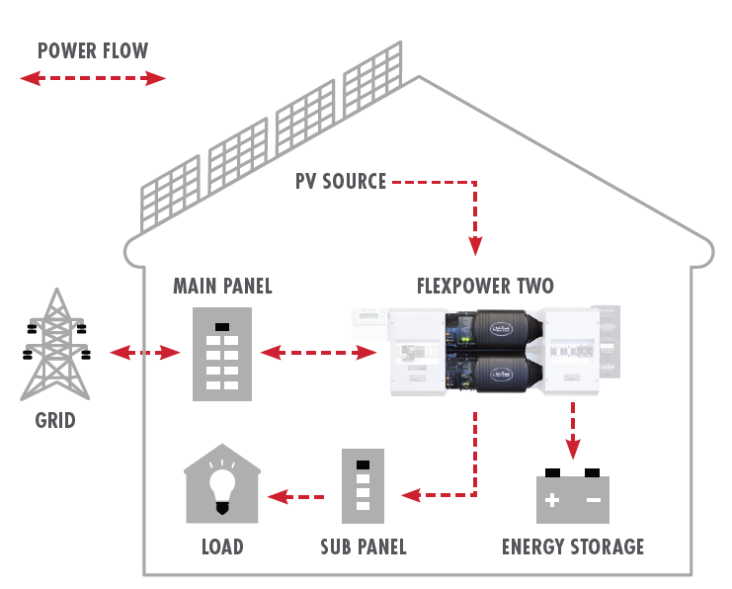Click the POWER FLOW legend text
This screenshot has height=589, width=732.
pyautogui.click(x=92, y=51)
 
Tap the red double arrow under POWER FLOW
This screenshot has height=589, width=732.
pyautogui.click(x=92, y=79)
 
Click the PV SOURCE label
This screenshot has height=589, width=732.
pyautogui.click(x=341, y=182)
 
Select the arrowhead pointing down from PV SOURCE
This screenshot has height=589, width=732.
pyautogui.click(x=475, y=246)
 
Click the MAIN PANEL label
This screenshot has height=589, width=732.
pyautogui.click(x=222, y=288)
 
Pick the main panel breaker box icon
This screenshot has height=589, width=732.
pyautogui.click(x=222, y=354)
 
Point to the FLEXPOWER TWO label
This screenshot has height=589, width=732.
pyautogui.click(x=485, y=288)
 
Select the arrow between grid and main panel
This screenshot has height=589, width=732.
pyautogui.click(x=143, y=352)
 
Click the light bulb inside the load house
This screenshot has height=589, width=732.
pyautogui.click(x=223, y=486)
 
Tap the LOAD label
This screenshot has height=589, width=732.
pyautogui.click(x=222, y=547)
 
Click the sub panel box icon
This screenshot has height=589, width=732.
pyautogui.click(x=363, y=485)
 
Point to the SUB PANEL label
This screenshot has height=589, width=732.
pyautogui.click(x=364, y=547)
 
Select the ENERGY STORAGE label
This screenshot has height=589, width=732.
pyautogui.click(x=573, y=547)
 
